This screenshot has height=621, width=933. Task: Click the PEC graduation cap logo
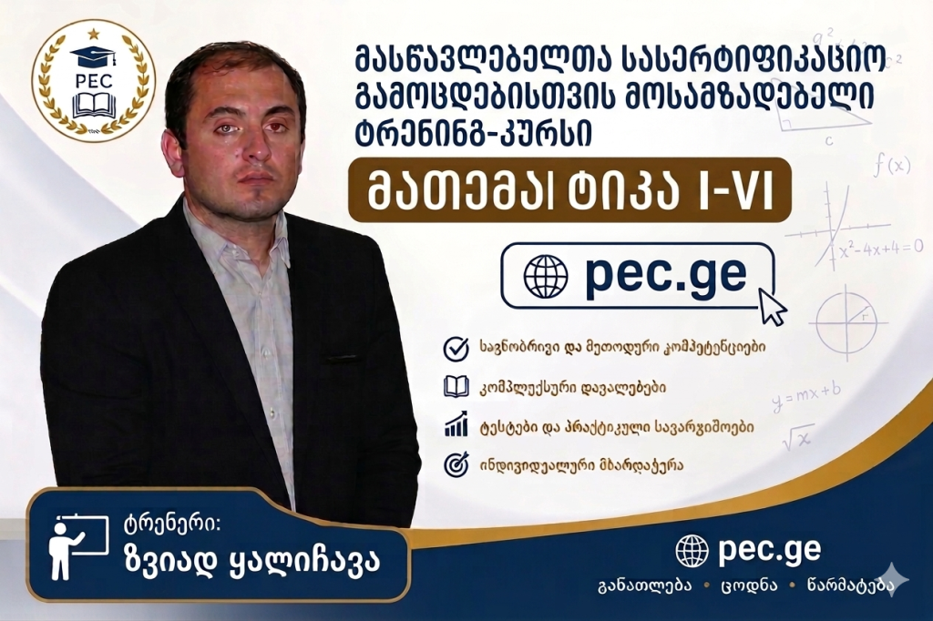coord(93,81)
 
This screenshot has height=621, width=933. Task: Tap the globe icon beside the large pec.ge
coord(546,276)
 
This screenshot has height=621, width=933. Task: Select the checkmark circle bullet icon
coord(456,349)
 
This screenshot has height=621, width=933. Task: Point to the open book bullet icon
coord(456,387)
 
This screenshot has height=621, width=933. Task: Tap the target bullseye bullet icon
coord(456,464)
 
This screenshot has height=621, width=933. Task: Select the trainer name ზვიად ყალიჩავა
coord(251,562)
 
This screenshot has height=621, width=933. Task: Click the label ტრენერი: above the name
coord(171,524)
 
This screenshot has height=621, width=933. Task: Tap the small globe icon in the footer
coord(692,551)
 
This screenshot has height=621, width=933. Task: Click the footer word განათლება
coord(645,585)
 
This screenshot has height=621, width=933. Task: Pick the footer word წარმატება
coord(851,585)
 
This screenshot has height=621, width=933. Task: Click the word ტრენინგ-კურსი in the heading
coord(473,134)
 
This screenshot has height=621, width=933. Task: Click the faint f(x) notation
coord(892,164)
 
